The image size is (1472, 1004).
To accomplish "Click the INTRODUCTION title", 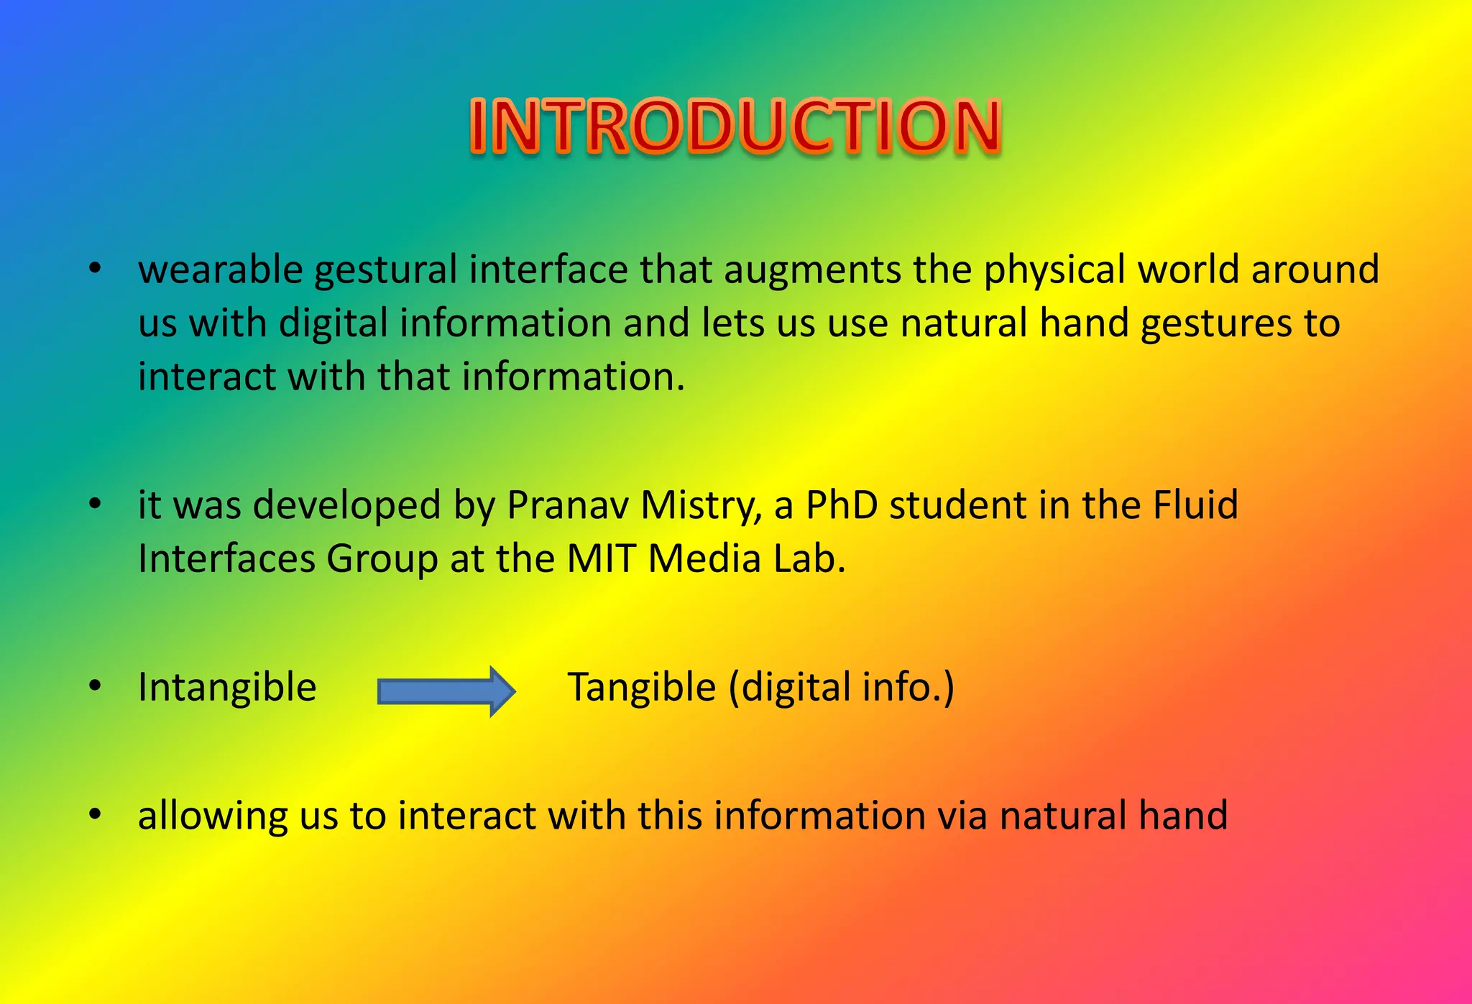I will point(735,126).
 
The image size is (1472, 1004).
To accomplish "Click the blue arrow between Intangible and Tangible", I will point(446,691).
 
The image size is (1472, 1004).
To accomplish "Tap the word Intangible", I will point(227,687).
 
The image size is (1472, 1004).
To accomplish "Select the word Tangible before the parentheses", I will point(642,687).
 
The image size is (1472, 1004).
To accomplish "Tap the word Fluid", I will point(1195,505).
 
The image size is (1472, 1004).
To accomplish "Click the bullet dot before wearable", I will point(95,269).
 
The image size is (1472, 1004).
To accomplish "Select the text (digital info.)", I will point(842,687).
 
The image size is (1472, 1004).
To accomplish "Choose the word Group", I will point(382,560).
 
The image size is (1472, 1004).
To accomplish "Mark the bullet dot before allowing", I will point(95,814).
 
